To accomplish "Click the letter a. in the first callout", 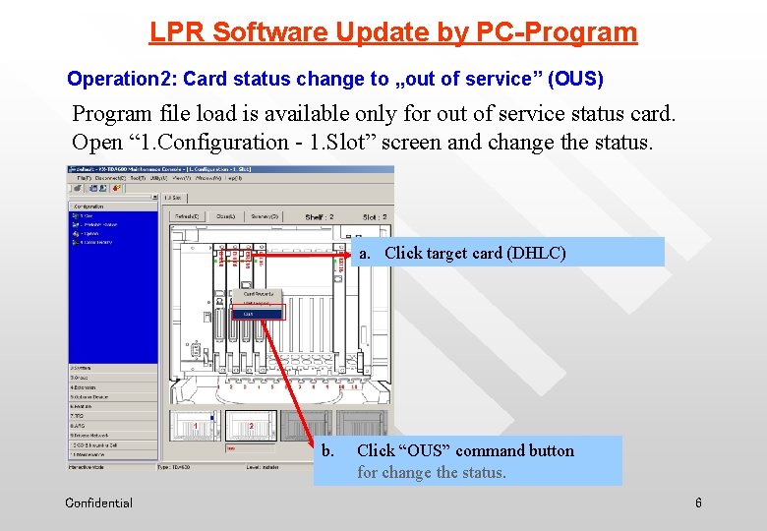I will (364, 253).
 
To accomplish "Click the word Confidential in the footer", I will (98, 503).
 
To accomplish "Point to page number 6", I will (698, 503).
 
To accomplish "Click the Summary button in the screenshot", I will (264, 216).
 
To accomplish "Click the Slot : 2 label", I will (375, 216).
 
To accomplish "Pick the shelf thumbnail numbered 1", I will (195, 425).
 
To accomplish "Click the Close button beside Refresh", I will (226, 216).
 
